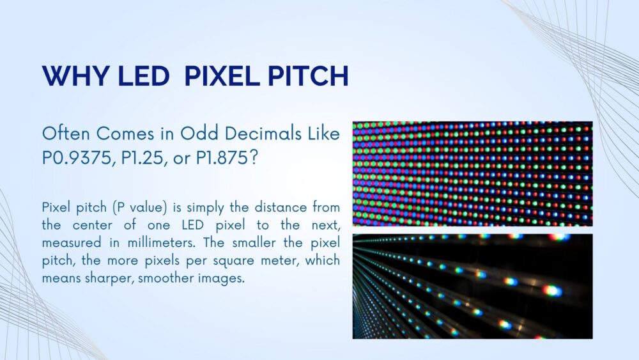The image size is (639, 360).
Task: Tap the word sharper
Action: tap(103, 279)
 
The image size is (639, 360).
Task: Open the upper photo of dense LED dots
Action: tap(472, 174)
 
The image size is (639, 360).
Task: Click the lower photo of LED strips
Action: tap(472, 286)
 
